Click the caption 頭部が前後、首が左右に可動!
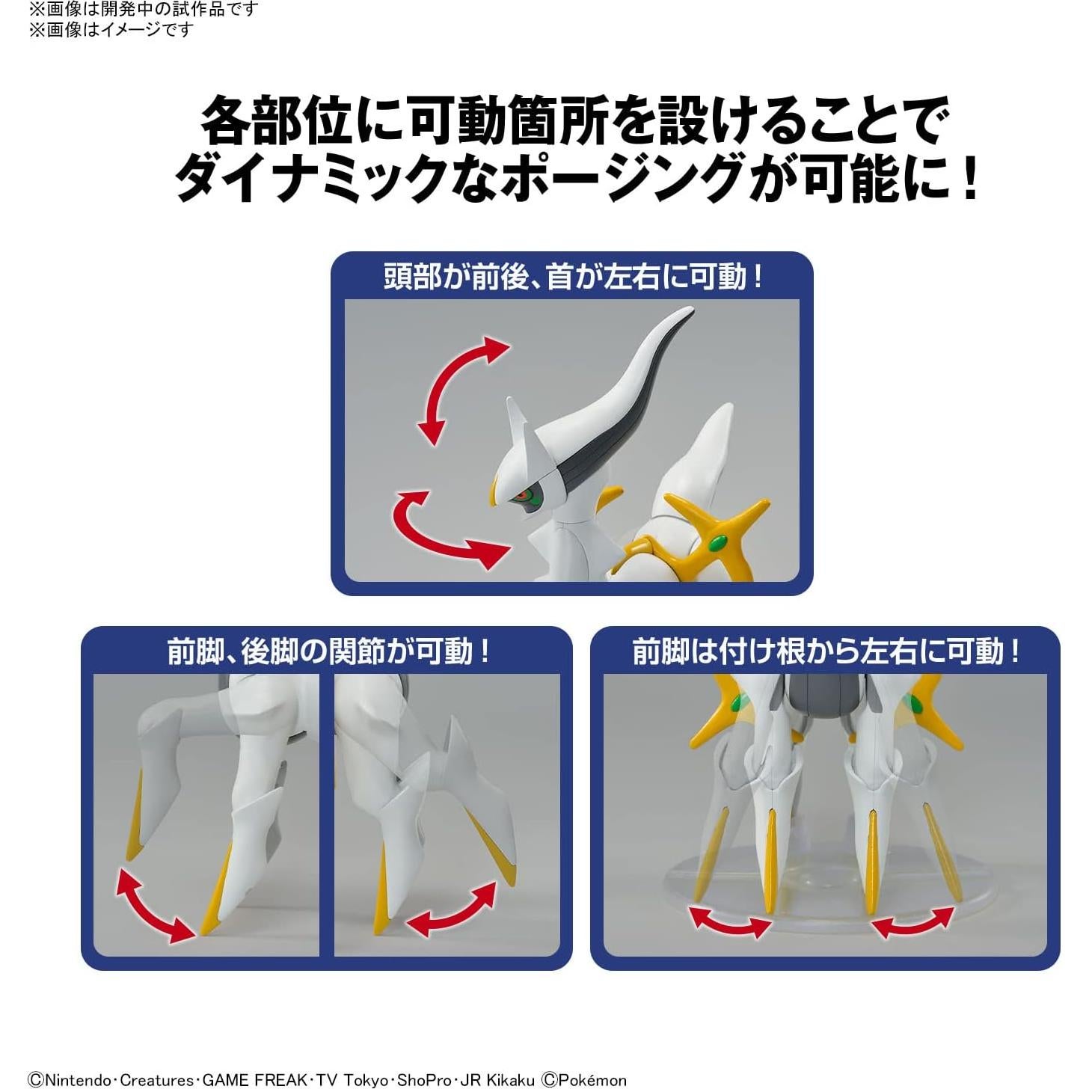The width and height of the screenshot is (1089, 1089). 573,277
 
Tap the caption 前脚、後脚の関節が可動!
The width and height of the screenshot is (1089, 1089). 328,651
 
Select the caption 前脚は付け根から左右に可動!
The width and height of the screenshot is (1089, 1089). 826,651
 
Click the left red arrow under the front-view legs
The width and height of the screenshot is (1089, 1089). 730,921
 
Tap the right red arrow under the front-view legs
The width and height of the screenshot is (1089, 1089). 913,921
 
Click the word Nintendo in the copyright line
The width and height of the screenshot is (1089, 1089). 78,1079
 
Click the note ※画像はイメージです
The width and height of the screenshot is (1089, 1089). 111,29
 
